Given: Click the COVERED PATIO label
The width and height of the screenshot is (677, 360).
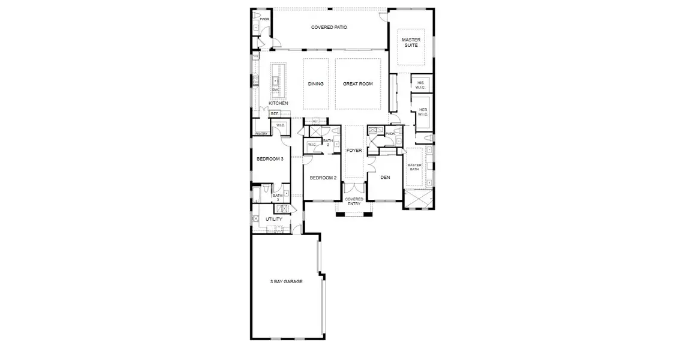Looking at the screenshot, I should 329,27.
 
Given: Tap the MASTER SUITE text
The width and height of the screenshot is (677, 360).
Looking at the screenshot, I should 411,43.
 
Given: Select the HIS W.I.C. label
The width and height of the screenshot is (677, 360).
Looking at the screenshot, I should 421,84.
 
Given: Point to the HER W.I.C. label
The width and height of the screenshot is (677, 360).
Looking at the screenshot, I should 423,112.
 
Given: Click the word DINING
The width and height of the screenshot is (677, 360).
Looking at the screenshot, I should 315,84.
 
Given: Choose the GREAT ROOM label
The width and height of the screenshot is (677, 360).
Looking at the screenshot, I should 357,84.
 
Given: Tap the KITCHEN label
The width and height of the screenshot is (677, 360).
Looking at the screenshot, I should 278,103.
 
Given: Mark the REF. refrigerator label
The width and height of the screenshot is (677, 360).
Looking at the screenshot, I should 275,113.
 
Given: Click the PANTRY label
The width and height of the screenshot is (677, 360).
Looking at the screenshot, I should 261,134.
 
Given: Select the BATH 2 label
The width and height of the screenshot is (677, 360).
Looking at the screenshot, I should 328,143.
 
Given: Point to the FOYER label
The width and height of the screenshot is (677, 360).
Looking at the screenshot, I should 354,150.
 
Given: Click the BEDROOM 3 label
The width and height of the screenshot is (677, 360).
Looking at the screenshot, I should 270,158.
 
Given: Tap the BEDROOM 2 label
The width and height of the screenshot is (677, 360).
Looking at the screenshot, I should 323,178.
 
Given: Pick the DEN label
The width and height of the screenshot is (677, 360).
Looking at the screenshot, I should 384,177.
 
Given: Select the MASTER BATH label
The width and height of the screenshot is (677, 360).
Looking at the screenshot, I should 414,167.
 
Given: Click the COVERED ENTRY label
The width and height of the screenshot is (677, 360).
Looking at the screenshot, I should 354,201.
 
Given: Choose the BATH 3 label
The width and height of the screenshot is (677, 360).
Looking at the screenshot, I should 278,197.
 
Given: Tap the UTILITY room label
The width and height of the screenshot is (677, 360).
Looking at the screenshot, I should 273,219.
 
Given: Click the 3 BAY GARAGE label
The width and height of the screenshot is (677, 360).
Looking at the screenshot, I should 285,281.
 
